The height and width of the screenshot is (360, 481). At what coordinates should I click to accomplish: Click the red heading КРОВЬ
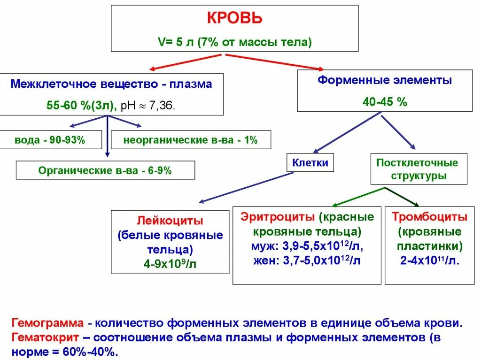click(x=235, y=19)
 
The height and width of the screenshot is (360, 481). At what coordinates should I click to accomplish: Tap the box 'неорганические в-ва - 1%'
click(x=191, y=140)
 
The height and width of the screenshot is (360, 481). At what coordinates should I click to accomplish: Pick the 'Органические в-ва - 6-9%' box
click(x=105, y=170)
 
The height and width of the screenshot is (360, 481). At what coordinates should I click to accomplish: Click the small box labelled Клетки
click(x=310, y=163)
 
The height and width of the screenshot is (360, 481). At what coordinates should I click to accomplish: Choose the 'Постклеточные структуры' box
click(x=417, y=169)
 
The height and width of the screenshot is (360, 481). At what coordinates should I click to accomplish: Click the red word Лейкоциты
click(x=170, y=220)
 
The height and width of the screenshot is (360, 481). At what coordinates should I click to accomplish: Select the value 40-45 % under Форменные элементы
click(x=385, y=102)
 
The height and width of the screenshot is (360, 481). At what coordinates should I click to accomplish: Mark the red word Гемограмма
click(x=48, y=324)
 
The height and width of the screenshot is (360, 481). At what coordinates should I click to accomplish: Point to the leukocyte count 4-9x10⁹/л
click(x=170, y=264)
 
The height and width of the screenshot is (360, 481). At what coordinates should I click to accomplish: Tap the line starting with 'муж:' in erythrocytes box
click(x=307, y=246)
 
